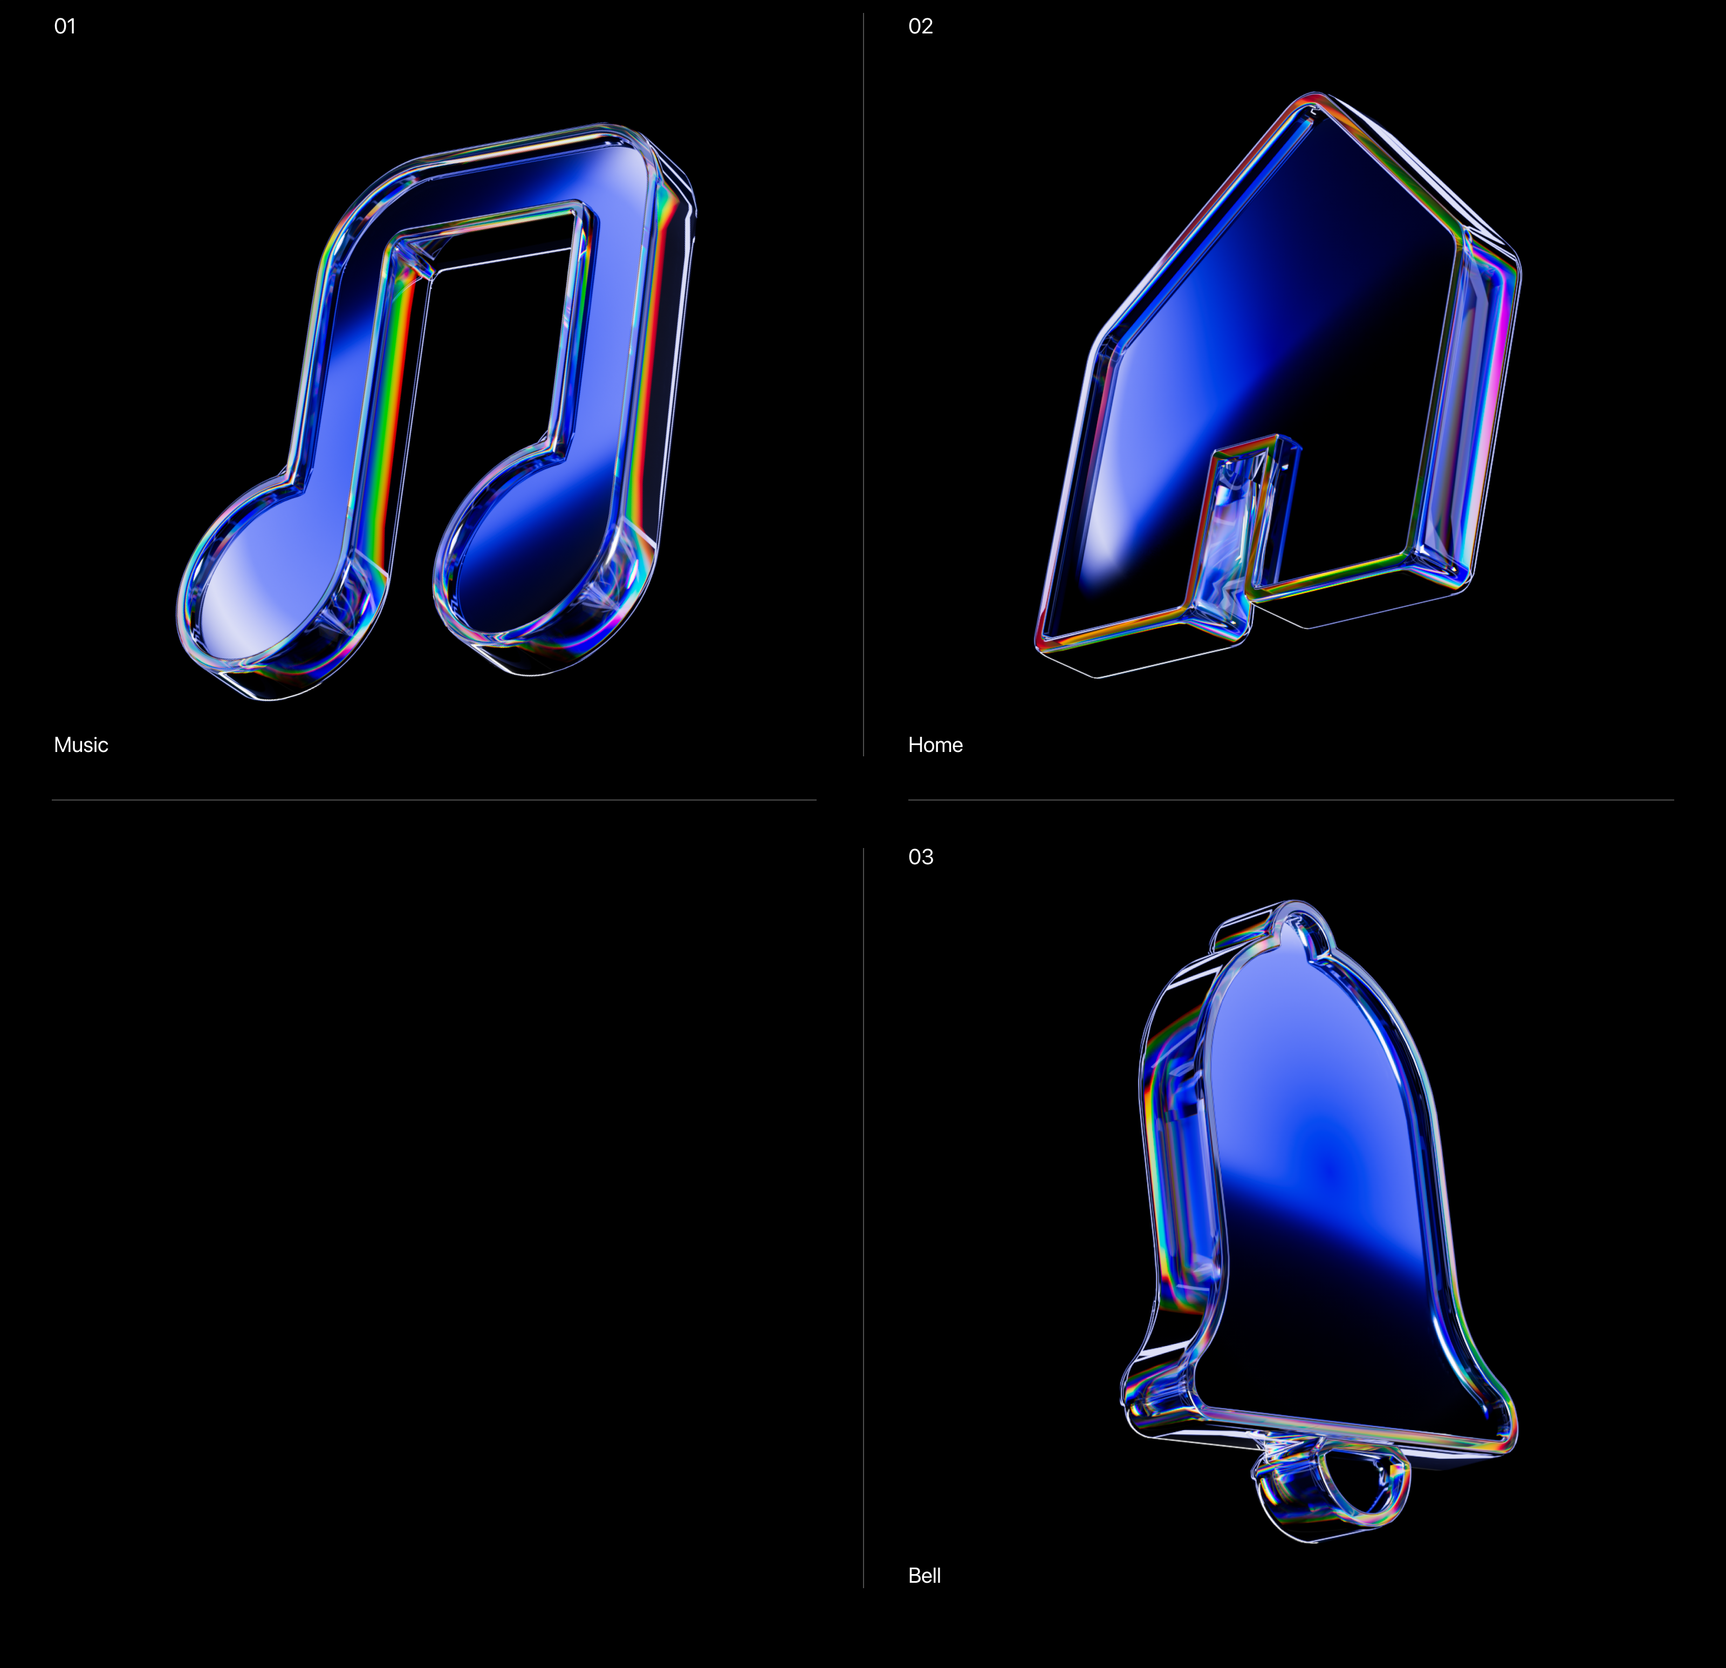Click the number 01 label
pos(65,26)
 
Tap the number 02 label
pos(920,26)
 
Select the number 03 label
pos(920,857)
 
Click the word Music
pos(81,745)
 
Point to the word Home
pos(935,745)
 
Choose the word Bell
pos(924,1576)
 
